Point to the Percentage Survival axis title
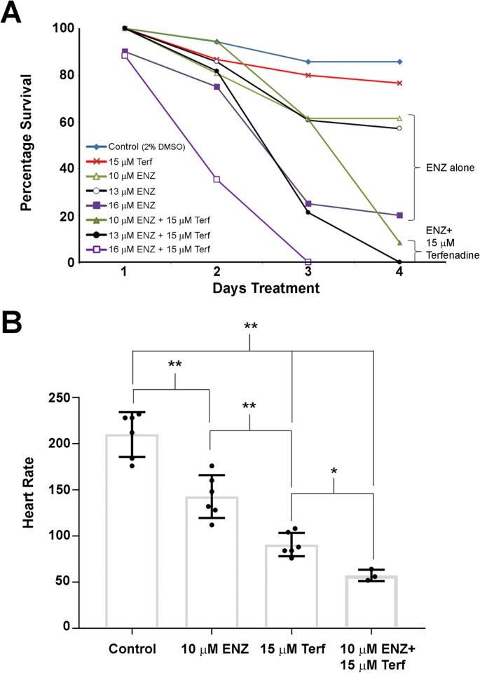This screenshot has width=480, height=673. tap(27, 145)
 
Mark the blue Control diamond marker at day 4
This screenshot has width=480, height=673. tap(399, 62)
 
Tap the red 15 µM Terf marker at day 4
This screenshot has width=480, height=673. tap(399, 83)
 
